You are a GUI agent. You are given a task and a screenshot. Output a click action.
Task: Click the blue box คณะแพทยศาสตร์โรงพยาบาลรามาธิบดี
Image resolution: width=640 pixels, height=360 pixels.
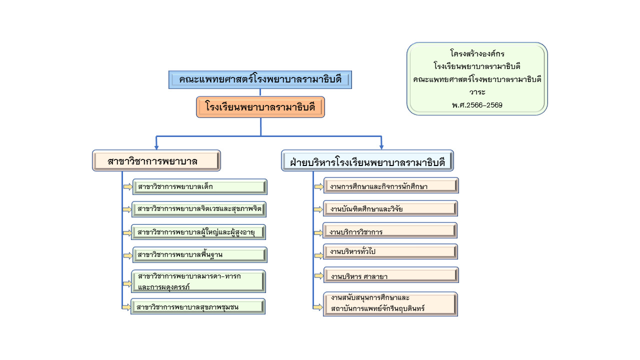[260, 80]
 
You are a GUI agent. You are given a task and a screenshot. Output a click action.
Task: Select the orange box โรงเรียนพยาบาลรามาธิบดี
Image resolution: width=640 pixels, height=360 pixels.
[260, 107]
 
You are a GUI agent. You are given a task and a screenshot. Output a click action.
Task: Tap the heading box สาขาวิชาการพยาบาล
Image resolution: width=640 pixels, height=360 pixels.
[156, 161]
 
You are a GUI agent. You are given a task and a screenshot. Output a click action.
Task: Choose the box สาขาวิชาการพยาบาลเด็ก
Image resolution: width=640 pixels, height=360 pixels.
[199, 187]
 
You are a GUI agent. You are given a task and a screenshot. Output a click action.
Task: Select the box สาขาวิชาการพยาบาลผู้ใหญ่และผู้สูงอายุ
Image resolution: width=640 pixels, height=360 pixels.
[198, 232]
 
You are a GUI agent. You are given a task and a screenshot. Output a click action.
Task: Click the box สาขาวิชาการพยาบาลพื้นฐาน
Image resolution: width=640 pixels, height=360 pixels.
[199, 255]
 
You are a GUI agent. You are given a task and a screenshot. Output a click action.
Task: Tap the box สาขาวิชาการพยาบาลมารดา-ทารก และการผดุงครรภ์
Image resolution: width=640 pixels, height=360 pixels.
[198, 281]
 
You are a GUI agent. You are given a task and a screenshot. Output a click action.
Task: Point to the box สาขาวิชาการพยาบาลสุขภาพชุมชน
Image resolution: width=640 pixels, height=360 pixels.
[198, 306]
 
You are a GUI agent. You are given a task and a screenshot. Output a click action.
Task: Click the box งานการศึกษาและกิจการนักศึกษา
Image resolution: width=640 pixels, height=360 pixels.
[390, 186]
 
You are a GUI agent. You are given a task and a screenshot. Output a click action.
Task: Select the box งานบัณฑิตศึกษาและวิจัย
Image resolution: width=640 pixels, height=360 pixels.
[390, 208]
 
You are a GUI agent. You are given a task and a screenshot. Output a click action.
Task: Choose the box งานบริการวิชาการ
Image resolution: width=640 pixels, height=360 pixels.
[390, 231]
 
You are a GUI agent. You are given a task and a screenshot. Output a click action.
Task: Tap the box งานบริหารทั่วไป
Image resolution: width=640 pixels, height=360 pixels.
[390, 251]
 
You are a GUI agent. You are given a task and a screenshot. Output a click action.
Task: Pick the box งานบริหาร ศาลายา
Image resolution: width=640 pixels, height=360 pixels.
[390, 275]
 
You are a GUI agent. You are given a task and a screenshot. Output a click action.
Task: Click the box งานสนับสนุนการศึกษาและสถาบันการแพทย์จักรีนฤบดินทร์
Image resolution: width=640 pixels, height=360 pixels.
[390, 303]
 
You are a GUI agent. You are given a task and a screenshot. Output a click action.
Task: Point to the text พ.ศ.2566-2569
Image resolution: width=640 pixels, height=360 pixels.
[477, 105]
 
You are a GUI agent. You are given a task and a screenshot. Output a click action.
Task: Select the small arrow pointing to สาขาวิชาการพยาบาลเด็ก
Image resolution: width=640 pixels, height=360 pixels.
[128, 187]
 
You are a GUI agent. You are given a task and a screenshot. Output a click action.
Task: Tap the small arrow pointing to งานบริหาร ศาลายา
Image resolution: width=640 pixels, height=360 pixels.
[318, 275]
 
